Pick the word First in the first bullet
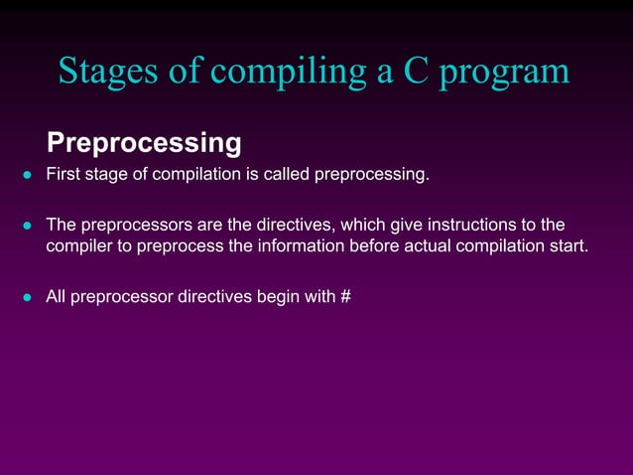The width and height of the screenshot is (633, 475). (64, 177)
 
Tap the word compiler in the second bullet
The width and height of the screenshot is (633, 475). (81, 246)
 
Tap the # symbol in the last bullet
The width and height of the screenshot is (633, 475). (345, 295)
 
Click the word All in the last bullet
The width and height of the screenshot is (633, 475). (59, 295)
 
